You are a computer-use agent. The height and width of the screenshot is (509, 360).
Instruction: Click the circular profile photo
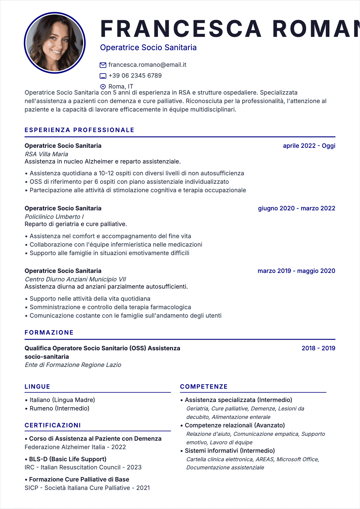pyautogui.click(x=55, y=43)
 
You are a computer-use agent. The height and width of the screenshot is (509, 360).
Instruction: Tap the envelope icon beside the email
pyautogui.click(x=103, y=65)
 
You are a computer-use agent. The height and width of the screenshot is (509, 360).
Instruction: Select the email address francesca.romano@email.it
pyautogui.click(x=147, y=65)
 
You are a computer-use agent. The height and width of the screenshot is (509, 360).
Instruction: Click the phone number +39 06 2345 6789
pyautogui.click(x=135, y=76)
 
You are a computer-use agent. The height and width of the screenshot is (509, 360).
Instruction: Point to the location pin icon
pyautogui.click(x=103, y=87)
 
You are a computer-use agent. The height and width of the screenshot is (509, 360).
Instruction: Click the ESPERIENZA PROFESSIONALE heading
pyautogui.click(x=80, y=130)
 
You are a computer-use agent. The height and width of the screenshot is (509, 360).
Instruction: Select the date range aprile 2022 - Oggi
pyautogui.click(x=309, y=146)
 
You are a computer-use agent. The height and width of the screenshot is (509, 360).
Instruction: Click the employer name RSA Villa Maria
pyautogui.click(x=47, y=154)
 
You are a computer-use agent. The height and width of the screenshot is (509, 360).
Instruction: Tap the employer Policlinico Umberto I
pyautogui.click(x=54, y=217)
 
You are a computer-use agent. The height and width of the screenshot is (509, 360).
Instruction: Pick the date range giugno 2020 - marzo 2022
pyautogui.click(x=296, y=208)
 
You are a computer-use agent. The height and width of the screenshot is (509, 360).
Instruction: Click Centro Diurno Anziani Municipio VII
pyautogui.click(x=75, y=279)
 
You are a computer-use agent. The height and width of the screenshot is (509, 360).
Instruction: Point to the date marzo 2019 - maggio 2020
pyautogui.click(x=296, y=271)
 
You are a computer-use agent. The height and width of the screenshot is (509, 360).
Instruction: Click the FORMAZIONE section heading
pyautogui.click(x=49, y=332)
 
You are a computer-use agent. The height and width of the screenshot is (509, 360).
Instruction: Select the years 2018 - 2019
pyautogui.click(x=318, y=348)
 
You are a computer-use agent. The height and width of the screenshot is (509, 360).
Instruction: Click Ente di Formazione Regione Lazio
pyautogui.click(x=73, y=365)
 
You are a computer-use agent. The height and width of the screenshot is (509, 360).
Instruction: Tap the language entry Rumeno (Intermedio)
pyautogui.click(x=59, y=408)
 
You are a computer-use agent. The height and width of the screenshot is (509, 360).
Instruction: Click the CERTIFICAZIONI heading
pyautogui.click(x=53, y=425)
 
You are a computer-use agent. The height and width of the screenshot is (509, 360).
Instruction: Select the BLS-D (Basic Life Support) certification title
pyautogui.click(x=68, y=459)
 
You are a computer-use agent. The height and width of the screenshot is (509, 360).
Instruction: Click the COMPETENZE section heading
pyautogui.click(x=204, y=387)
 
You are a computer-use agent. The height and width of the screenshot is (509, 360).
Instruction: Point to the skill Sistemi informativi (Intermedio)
pyautogui.click(x=230, y=451)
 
